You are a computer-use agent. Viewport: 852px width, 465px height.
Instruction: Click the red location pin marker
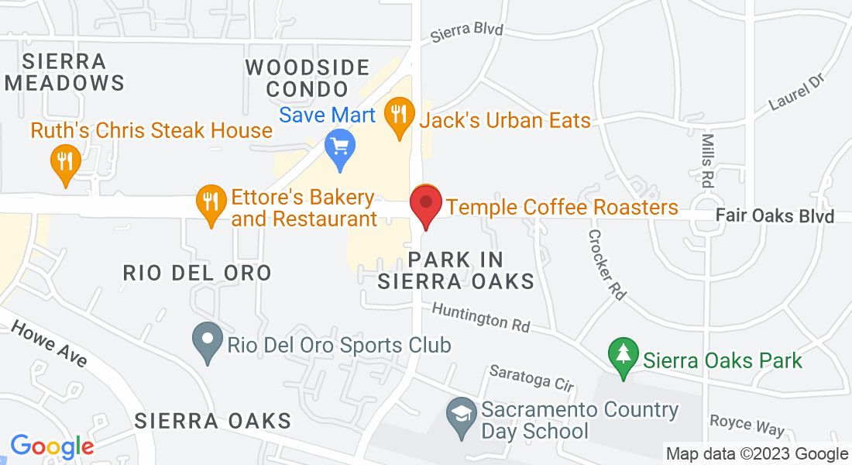(426, 203)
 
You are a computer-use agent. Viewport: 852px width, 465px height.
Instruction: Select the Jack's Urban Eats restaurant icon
(400, 116)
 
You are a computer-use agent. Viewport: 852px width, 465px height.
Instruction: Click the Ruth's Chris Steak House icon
(64, 162)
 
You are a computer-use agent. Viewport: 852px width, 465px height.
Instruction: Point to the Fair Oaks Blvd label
(774, 216)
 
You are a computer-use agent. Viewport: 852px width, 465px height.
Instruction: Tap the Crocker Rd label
(606, 264)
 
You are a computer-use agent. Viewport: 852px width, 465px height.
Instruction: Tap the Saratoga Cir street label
(531, 377)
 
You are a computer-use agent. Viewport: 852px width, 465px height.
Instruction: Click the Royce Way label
(747, 425)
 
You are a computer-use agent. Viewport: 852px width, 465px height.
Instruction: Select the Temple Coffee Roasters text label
(562, 208)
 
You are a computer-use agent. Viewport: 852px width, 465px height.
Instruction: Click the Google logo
(52, 446)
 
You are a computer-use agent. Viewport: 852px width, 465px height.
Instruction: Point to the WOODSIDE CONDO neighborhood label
(307, 77)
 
